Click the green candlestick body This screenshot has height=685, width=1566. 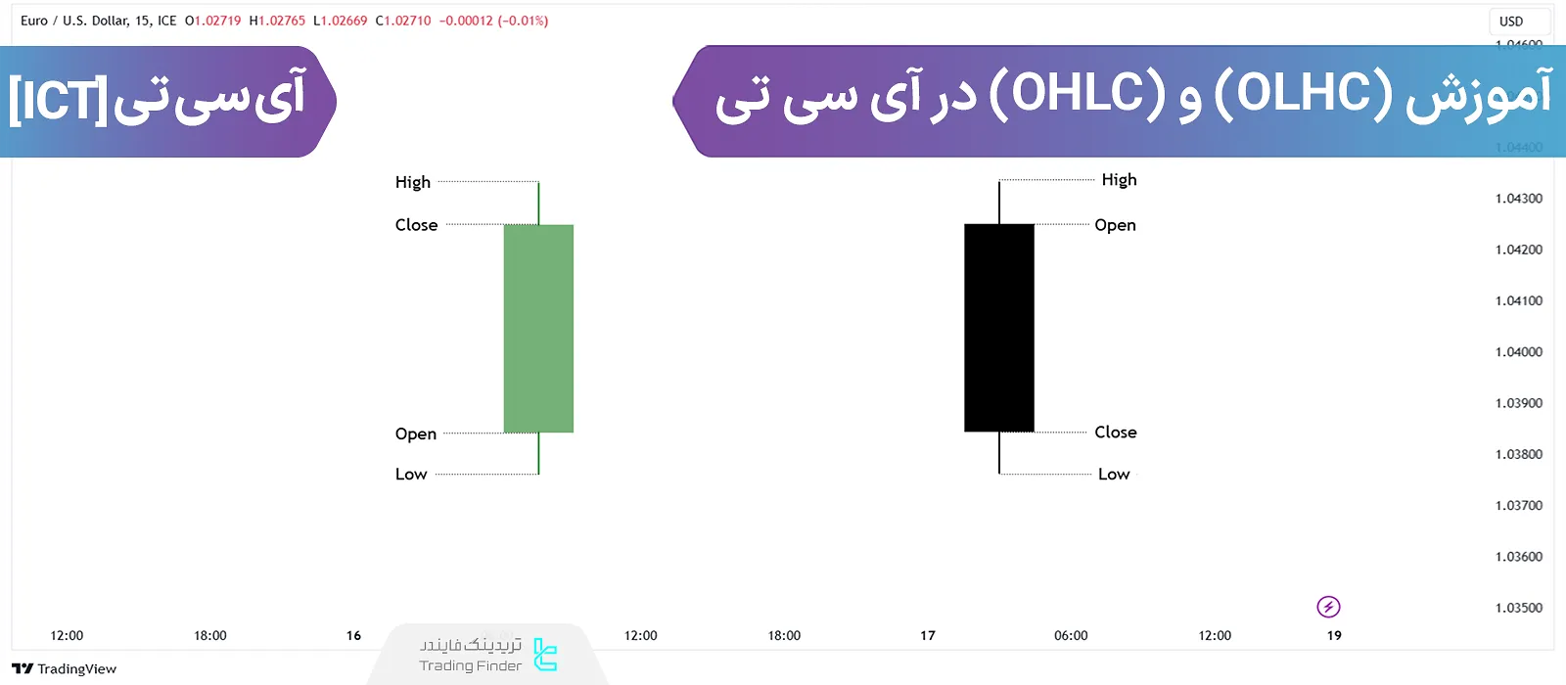(538, 329)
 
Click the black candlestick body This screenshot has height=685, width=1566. (999, 328)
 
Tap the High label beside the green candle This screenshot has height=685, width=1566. (413, 182)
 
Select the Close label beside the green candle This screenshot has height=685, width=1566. (416, 225)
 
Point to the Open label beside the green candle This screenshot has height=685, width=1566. (416, 434)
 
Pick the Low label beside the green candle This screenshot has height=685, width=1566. (411, 475)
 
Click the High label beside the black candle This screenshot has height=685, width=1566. (1119, 179)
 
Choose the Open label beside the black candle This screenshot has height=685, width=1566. (1115, 225)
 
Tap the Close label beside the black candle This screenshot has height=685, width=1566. (1115, 432)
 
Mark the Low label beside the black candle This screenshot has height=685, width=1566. (1114, 475)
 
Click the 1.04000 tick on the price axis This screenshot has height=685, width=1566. (1518, 352)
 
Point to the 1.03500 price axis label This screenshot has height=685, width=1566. (1518, 608)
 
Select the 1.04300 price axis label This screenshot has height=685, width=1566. (1518, 199)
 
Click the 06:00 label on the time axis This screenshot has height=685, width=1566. (1071, 636)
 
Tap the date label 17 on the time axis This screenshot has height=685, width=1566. (928, 636)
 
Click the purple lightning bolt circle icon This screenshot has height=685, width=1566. (1328, 607)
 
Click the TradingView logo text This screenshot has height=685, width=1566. (76, 669)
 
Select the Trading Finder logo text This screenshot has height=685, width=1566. (471, 665)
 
